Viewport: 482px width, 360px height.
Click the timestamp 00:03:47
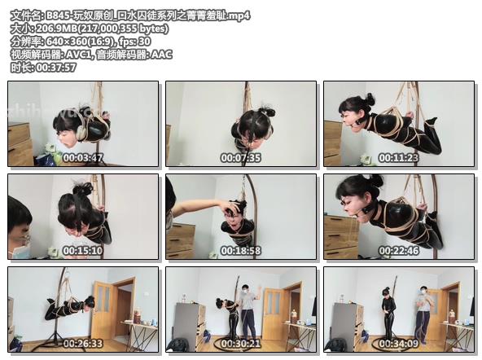[x=83, y=158]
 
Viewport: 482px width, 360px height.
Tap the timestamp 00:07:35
[x=241, y=158]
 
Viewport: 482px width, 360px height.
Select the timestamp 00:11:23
[x=399, y=158]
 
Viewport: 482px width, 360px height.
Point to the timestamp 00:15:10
[x=83, y=251]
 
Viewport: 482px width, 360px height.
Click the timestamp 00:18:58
[x=241, y=251]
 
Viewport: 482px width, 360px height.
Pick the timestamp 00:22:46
[x=399, y=251]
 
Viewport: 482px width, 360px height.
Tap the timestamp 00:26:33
[x=83, y=344]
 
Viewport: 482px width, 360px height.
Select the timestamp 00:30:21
[x=241, y=344]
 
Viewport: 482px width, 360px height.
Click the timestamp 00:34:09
[x=399, y=344]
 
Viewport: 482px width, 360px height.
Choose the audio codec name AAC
[x=162, y=55]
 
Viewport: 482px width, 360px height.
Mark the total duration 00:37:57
[x=56, y=68]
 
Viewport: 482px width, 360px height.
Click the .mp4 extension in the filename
[x=239, y=15]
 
